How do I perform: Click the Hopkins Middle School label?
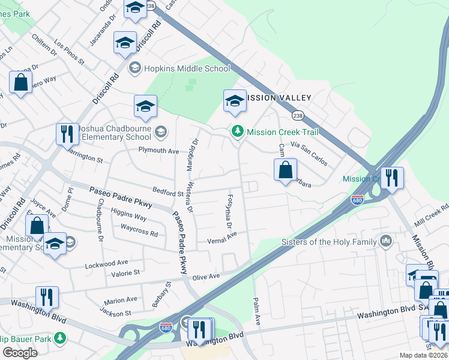point(186,68)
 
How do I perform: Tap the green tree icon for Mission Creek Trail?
point(238,131)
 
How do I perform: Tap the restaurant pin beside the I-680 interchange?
point(392,178)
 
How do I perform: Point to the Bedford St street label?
point(167,194)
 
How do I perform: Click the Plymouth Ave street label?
point(159,150)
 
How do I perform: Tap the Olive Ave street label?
point(206,277)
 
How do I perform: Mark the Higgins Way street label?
point(128,217)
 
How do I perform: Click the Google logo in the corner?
point(20,353)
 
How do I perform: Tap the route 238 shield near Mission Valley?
point(297,115)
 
